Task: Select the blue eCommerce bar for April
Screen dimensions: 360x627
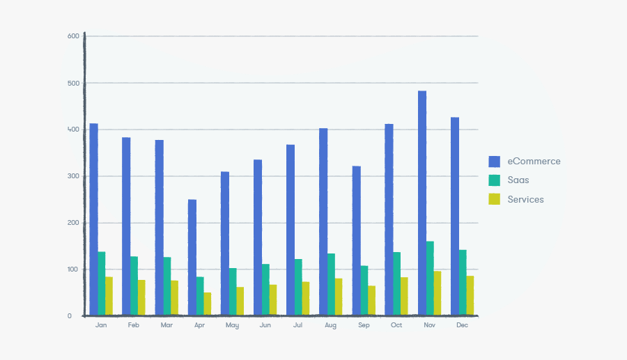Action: (x=192, y=258)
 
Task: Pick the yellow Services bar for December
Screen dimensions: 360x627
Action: (x=470, y=296)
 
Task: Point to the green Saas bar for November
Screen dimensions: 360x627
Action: (x=430, y=279)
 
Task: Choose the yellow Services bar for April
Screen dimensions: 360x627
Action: (x=208, y=304)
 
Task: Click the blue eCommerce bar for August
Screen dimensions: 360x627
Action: (x=323, y=222)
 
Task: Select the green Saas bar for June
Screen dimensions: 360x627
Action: (x=265, y=290)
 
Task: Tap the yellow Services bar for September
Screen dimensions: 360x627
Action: (x=372, y=301)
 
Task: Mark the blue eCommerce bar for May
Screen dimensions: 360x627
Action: (x=224, y=244)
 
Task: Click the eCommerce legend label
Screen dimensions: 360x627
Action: (x=534, y=162)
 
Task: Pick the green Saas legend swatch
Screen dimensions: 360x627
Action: (x=495, y=180)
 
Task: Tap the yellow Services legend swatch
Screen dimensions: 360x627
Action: (x=495, y=199)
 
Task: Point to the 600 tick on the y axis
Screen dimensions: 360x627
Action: (x=74, y=36)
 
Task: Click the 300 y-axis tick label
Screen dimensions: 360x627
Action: (x=74, y=176)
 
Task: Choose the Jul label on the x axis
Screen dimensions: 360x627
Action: (x=297, y=325)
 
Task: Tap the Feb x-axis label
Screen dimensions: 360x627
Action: (x=134, y=325)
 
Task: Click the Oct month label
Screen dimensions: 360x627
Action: (x=396, y=325)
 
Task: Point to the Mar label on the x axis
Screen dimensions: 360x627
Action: (x=167, y=325)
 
